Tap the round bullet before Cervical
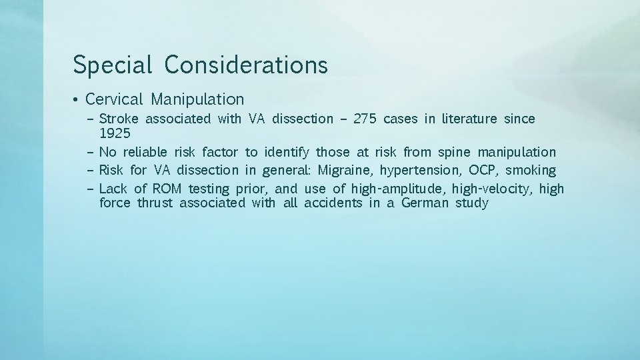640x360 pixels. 77,101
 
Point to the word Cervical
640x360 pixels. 114,100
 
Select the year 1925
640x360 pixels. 114,134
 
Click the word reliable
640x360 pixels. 145,153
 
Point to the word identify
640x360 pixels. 287,153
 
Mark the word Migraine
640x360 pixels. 345,170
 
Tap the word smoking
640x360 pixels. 531,170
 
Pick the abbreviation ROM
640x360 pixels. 167,189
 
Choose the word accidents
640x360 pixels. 333,203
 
